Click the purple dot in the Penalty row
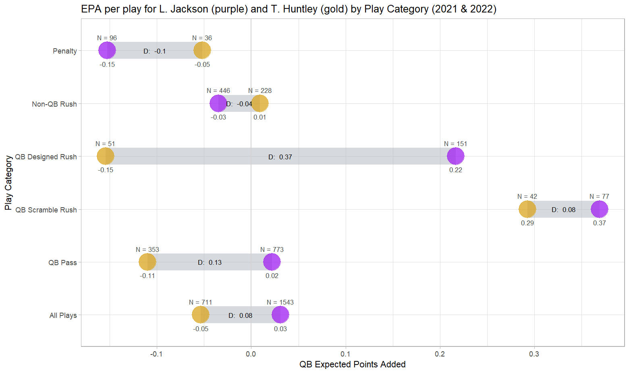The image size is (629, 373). (107, 51)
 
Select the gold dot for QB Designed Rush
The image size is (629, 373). (106, 156)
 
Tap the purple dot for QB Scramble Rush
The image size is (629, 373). (599, 209)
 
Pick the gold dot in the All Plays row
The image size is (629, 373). (201, 315)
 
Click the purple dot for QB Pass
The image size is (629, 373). (272, 262)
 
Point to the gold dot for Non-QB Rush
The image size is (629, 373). (259, 103)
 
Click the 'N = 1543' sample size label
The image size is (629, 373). (280, 302)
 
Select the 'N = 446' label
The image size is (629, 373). (218, 91)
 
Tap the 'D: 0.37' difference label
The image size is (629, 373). (280, 157)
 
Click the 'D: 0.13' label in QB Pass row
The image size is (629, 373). (210, 262)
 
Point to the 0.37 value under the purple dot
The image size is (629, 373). (599, 223)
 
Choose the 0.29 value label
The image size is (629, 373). (527, 223)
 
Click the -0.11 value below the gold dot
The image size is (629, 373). (147, 276)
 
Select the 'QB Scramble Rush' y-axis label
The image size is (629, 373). (46, 210)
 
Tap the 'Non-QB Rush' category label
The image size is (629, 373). (54, 104)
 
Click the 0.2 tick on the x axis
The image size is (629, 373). (440, 354)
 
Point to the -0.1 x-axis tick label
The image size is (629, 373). (156, 354)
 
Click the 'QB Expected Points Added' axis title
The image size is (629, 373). (352, 365)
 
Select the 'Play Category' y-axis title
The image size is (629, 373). (8, 183)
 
